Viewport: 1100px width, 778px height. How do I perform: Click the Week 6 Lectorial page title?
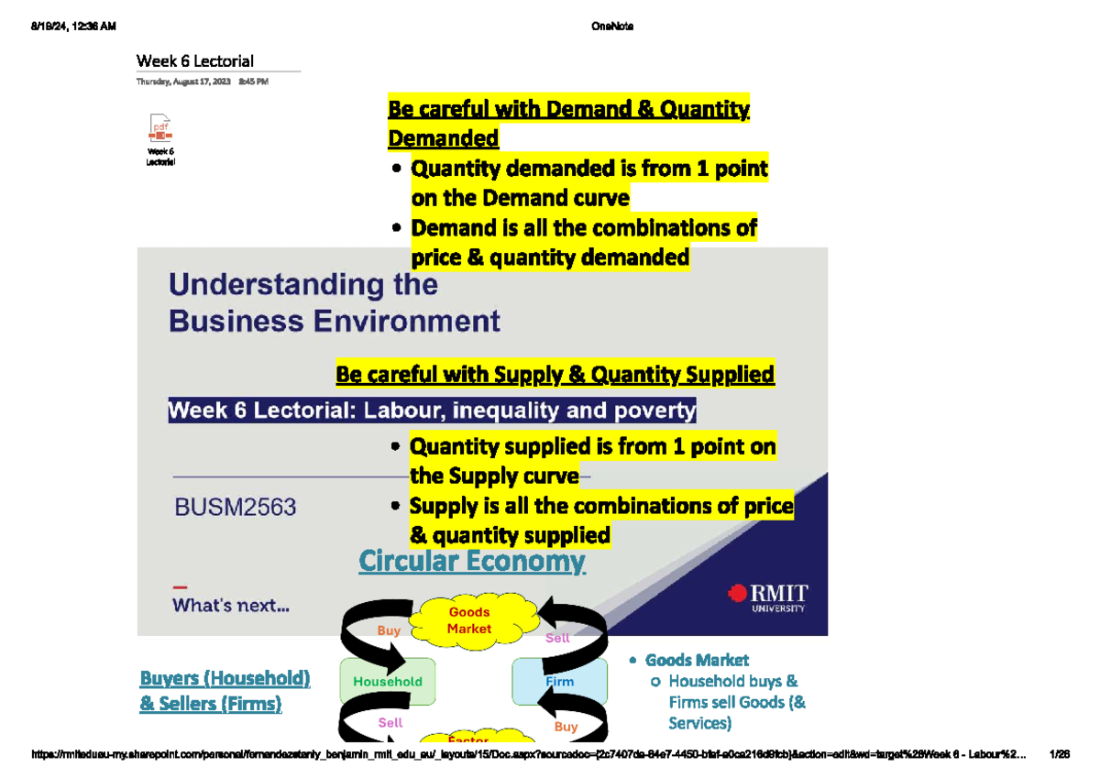coord(195,61)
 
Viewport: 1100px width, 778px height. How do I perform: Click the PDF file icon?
coord(160,128)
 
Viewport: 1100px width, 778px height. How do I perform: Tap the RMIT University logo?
coord(767,596)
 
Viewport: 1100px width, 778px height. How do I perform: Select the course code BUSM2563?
coord(236,507)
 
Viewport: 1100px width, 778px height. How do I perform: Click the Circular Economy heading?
coord(471,561)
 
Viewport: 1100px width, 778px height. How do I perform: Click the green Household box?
coord(387,681)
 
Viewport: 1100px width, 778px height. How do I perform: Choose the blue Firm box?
coord(559,681)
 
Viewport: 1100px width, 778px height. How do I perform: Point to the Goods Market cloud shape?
coord(469,620)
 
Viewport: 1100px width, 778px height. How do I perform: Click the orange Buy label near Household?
coord(389,630)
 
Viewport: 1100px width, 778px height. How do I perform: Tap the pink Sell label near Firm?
coord(557,638)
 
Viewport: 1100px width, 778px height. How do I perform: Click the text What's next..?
coord(231,606)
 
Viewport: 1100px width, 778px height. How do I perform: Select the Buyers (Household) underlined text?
coord(225,679)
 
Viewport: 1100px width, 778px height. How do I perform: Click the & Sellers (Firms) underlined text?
coord(210,704)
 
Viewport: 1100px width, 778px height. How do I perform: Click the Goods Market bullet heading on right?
coord(697,660)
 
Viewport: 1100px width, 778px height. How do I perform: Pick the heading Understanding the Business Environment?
coord(334,303)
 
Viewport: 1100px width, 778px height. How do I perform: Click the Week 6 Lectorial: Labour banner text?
coord(432,411)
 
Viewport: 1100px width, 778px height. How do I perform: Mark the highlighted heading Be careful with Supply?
coord(555,375)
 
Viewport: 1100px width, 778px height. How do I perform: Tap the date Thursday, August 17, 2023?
coord(184,82)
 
